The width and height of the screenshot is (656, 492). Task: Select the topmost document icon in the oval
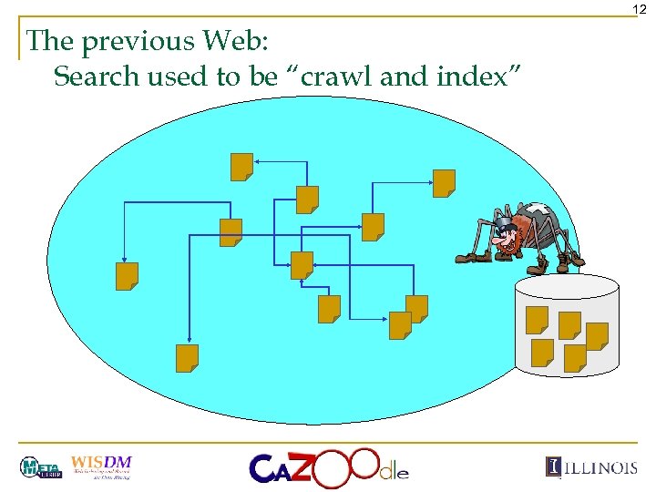click(x=241, y=167)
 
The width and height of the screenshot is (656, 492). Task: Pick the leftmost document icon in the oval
click(x=127, y=276)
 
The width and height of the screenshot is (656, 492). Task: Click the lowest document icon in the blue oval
click(x=188, y=358)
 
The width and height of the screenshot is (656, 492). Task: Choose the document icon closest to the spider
click(x=444, y=183)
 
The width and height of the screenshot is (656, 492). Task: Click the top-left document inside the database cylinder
click(x=538, y=320)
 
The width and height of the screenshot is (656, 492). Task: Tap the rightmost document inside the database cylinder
click(x=597, y=336)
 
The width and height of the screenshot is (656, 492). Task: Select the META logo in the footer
click(x=40, y=467)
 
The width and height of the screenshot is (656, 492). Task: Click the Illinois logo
click(x=592, y=466)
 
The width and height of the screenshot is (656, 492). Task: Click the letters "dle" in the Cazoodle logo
click(x=394, y=471)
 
